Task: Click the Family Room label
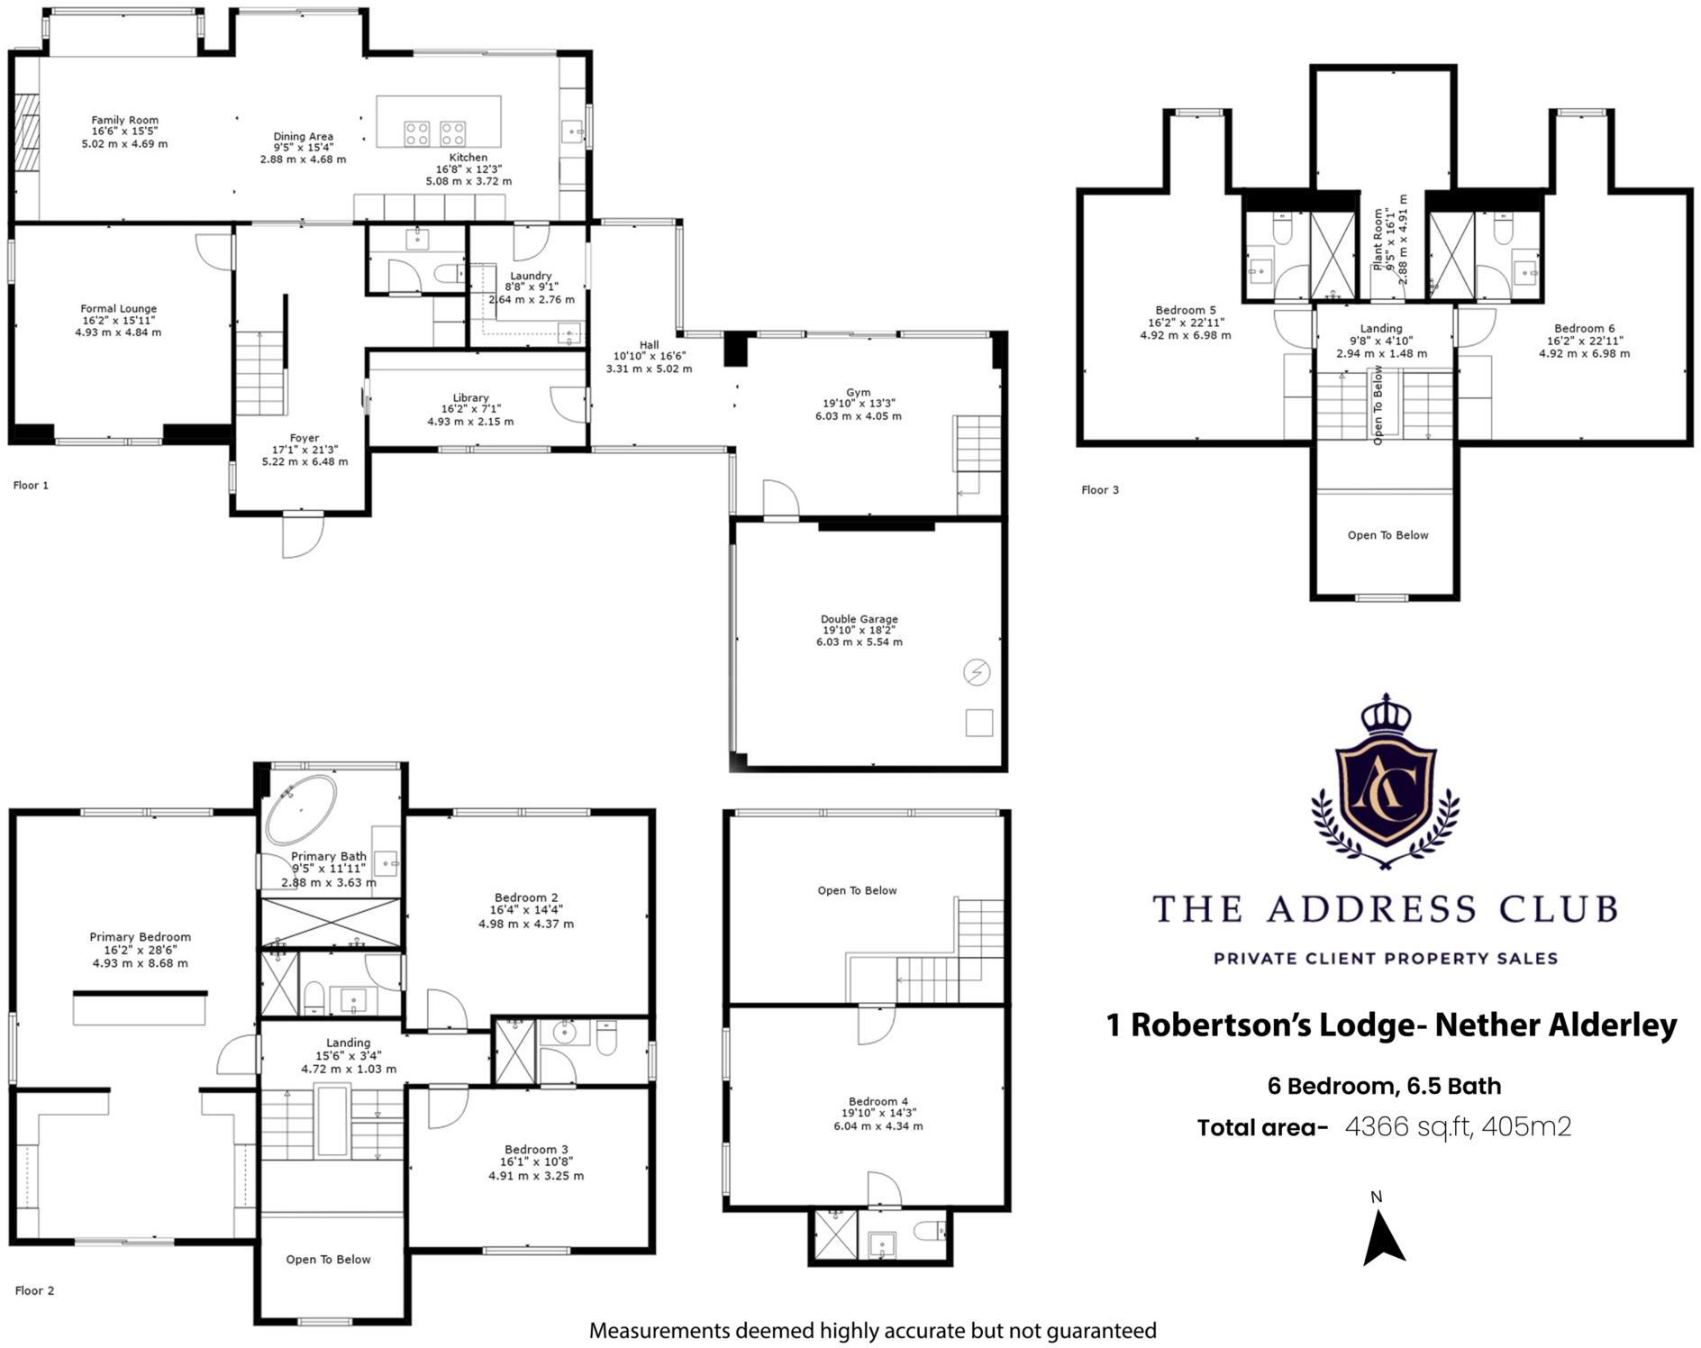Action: [124, 121]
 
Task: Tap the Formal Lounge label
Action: [118, 309]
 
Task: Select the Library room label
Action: [470, 398]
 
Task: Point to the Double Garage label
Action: [859, 620]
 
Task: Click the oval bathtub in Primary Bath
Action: [300, 809]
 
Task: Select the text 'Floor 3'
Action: [1100, 490]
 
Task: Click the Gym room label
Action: [858, 393]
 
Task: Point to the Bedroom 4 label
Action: [878, 1101]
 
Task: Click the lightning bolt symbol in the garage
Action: [977, 672]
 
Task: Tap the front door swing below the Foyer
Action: [302, 536]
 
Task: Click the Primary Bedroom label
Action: [140, 937]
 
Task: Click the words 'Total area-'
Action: [1262, 1128]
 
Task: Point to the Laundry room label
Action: [530, 277]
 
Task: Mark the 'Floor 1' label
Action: [31, 486]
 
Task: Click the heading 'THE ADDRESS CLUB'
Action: [1385, 909]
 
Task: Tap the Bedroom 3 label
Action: [536, 1150]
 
